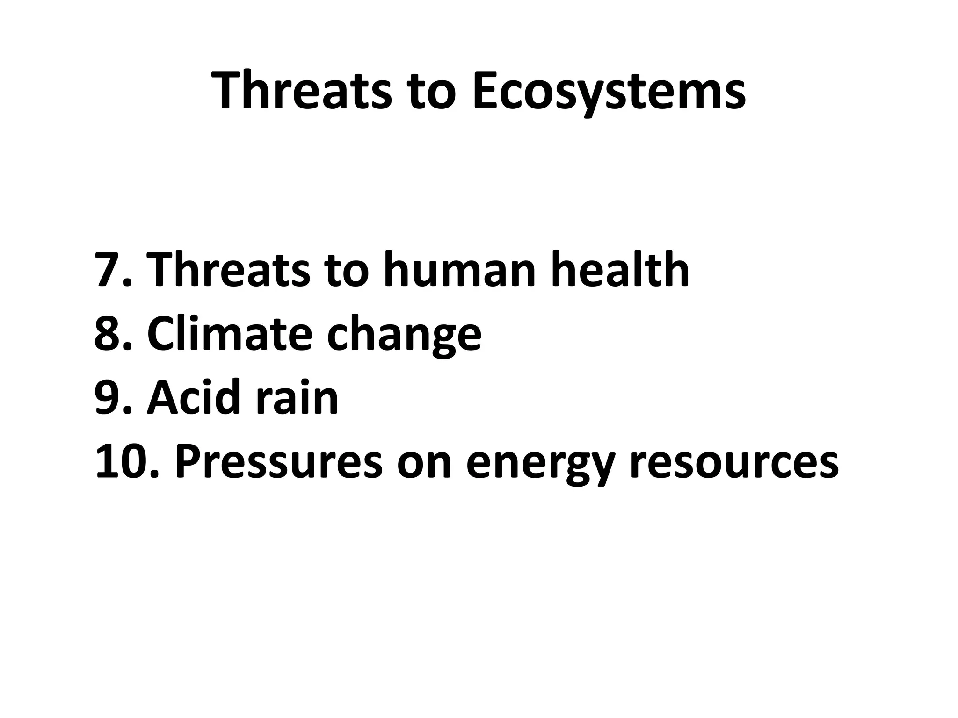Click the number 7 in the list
tap(109, 270)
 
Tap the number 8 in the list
tap(109, 334)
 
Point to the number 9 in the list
tap(109, 398)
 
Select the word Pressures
tap(278, 462)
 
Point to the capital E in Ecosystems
tap(486, 90)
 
